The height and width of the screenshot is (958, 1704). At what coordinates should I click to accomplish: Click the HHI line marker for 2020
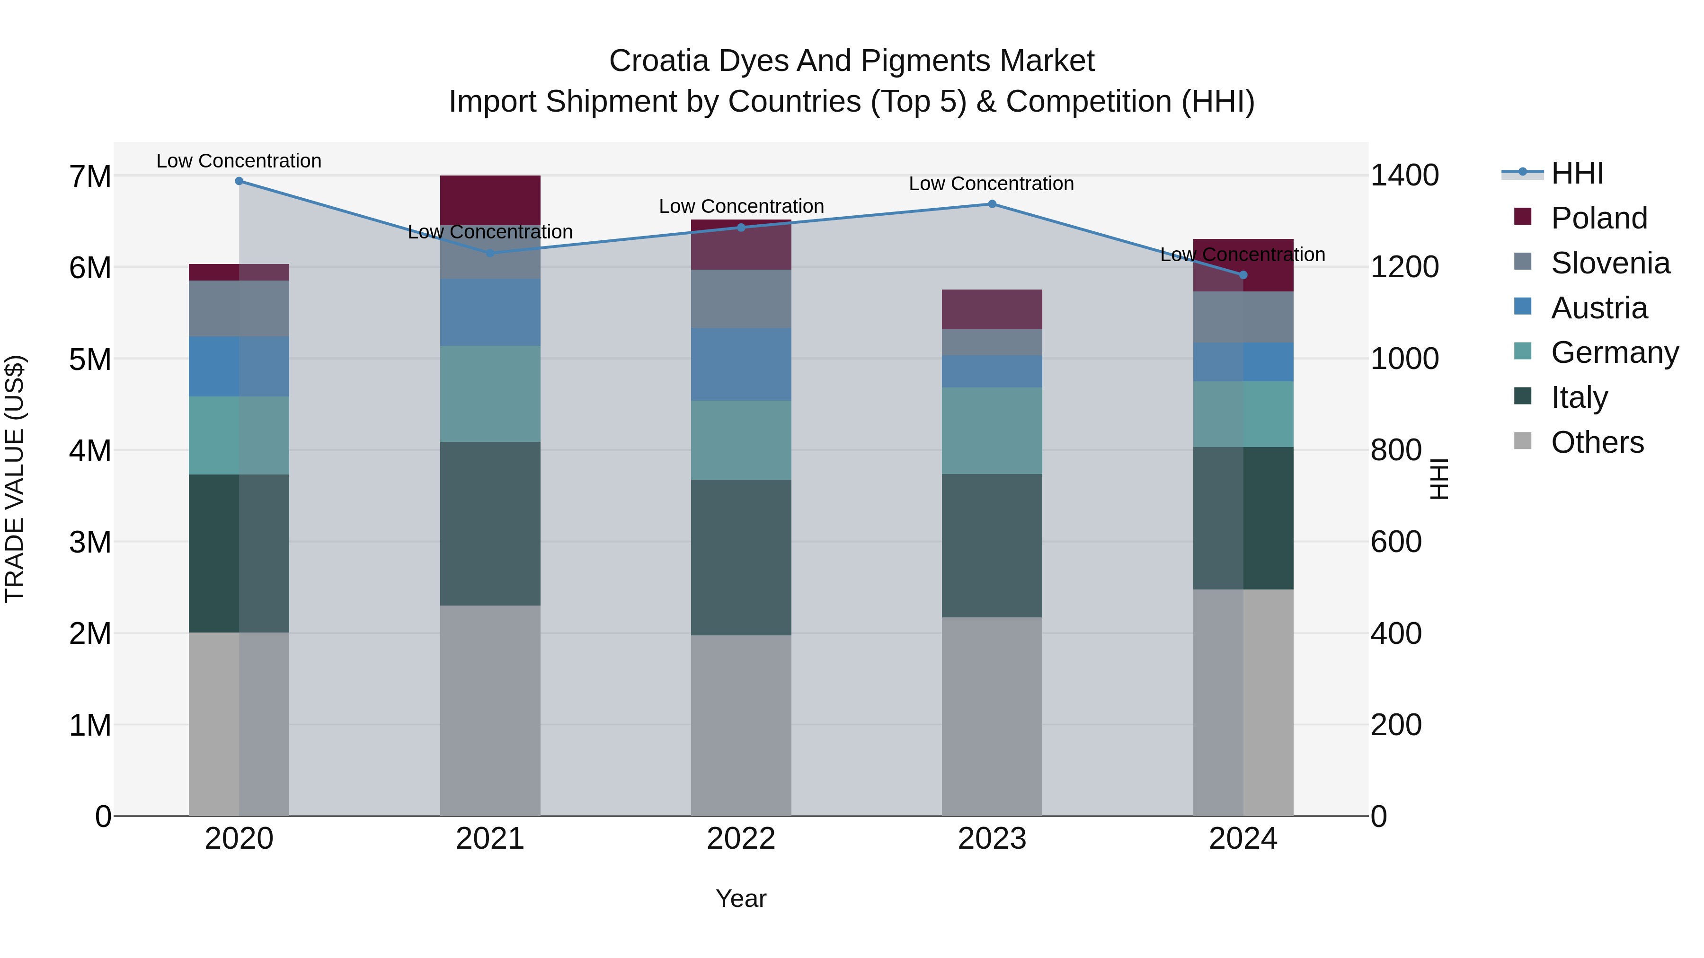(239, 181)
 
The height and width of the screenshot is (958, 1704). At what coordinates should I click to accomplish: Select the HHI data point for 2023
(992, 204)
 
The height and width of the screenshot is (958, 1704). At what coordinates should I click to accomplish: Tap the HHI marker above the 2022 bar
(741, 228)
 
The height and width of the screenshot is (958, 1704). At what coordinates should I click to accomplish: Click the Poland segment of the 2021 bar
(490, 199)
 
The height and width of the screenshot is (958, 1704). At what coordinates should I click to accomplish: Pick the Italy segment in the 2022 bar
(741, 557)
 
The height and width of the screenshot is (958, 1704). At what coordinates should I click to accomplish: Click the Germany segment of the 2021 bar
(490, 394)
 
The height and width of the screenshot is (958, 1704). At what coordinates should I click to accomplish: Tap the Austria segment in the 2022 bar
(741, 364)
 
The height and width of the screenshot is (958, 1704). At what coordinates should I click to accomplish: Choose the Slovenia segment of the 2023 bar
(992, 343)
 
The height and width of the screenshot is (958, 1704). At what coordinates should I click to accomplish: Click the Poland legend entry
(1598, 218)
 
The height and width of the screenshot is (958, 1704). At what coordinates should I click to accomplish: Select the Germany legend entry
(1614, 352)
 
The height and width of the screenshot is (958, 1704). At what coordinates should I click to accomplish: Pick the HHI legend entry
(1576, 173)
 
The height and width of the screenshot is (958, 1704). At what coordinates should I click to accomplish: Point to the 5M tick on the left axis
(90, 360)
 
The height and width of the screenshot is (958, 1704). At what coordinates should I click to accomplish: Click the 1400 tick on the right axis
(1404, 176)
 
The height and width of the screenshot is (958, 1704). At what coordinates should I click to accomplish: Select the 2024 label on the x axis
(1242, 839)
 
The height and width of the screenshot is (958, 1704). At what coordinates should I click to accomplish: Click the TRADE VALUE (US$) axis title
(15, 479)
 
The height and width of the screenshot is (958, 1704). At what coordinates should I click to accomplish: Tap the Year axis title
(741, 898)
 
